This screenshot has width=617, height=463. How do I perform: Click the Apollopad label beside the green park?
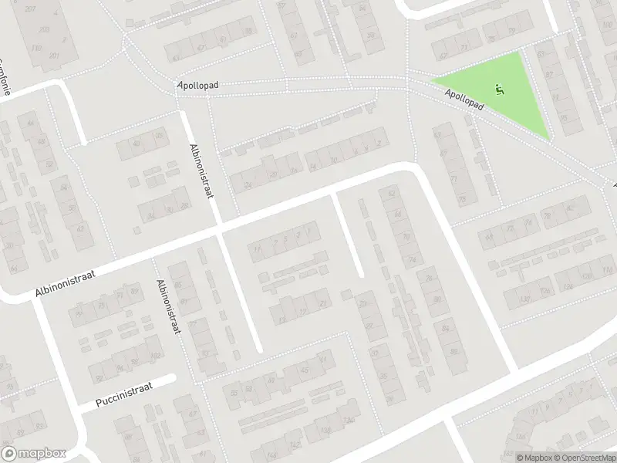point(464,101)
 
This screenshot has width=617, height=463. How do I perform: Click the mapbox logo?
point(33,453)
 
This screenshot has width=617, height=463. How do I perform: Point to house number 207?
point(30,8)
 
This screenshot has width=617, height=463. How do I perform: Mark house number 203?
point(44,29)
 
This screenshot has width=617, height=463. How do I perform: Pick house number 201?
point(54,56)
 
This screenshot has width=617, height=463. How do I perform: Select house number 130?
point(526,299)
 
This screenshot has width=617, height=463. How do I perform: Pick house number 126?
point(545,291)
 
